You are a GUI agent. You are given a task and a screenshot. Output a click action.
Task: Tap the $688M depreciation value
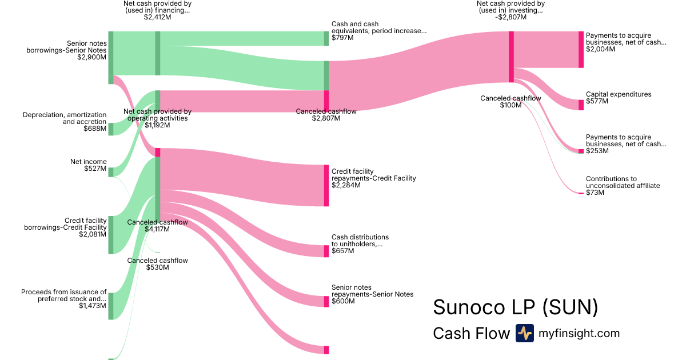(x=95, y=129)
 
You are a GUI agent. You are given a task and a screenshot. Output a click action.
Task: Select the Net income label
(x=88, y=162)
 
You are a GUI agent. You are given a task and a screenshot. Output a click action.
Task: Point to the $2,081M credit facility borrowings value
(x=93, y=234)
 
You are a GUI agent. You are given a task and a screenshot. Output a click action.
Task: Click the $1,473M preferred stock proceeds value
(x=93, y=306)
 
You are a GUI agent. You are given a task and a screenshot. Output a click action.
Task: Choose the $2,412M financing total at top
(x=157, y=17)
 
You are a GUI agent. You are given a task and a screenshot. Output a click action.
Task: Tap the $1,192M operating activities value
(x=157, y=125)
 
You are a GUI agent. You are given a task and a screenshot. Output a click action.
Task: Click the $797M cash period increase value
(x=342, y=38)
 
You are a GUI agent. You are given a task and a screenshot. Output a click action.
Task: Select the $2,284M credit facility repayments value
(x=346, y=185)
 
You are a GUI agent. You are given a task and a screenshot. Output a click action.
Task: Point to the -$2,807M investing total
(x=511, y=17)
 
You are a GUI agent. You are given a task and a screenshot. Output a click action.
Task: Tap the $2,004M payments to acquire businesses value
(x=600, y=49)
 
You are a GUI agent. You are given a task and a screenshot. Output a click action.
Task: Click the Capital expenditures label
(x=619, y=94)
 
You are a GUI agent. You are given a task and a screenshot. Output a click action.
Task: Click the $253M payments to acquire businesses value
(x=597, y=151)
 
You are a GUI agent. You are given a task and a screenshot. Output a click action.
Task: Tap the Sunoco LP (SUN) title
(x=515, y=307)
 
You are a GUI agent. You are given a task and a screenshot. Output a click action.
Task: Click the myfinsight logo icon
(x=524, y=333)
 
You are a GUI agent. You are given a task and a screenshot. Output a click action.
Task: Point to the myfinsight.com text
(x=579, y=333)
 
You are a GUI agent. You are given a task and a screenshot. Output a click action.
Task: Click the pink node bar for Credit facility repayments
(x=326, y=185)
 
